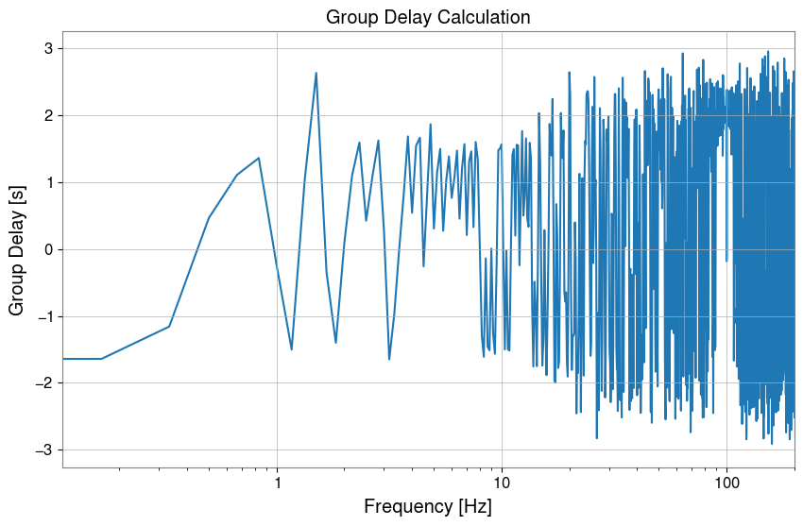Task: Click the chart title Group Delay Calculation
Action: point(428,17)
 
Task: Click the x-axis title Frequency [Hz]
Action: point(428,506)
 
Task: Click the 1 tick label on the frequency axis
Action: point(277,483)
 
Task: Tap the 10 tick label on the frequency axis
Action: point(502,483)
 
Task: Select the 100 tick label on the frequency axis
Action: point(726,483)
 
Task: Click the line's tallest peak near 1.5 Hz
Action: point(316,74)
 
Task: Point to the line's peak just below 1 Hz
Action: point(258,159)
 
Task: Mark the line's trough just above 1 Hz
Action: point(291,348)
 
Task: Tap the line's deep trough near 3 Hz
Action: point(389,359)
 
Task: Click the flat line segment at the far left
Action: point(82,359)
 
